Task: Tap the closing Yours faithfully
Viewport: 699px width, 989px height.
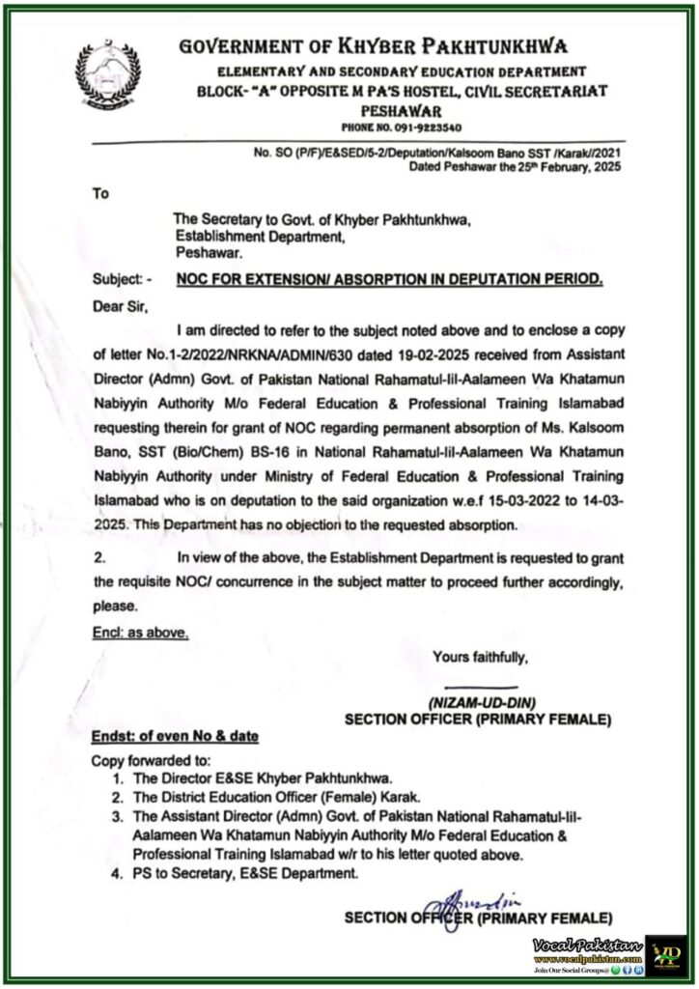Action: click(481, 658)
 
